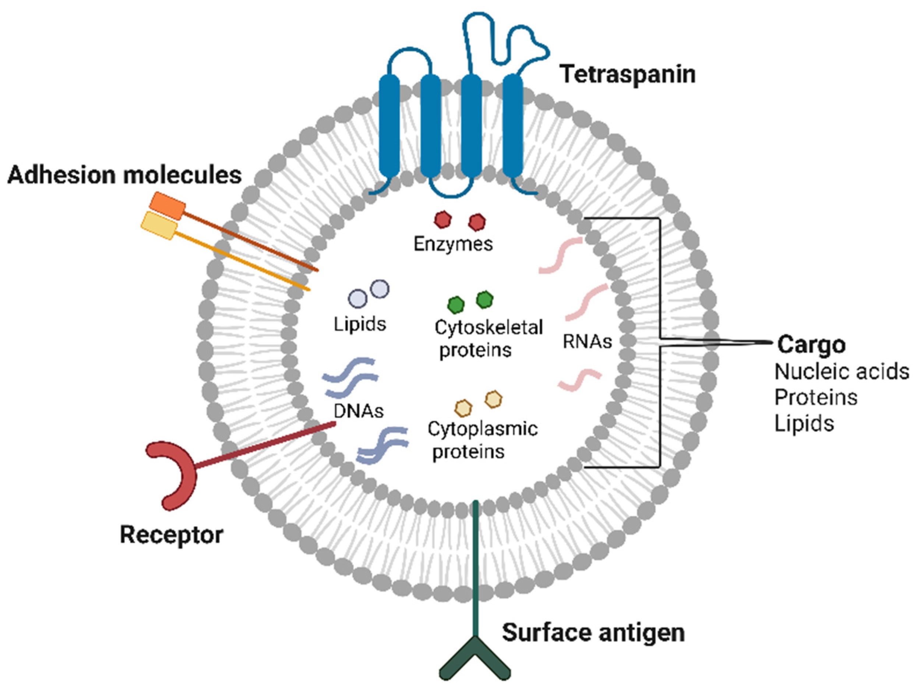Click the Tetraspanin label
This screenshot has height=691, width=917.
pos(628,75)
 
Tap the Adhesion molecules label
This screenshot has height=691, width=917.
pos(124,175)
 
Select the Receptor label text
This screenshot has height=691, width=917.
pos(171,535)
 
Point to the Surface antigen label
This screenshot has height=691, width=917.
pos(593,633)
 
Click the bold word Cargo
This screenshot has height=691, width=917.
pos(811,345)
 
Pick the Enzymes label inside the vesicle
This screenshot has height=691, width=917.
pos(453,244)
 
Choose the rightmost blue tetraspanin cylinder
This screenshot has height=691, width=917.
pos(513,126)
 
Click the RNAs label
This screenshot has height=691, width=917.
pos(587,342)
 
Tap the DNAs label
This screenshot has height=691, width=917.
pos(359,410)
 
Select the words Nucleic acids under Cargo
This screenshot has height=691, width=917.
pos(842,372)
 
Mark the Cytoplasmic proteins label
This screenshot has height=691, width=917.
pos(482,440)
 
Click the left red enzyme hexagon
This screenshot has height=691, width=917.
pos(442,220)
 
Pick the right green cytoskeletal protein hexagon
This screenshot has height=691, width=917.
pos(484,300)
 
